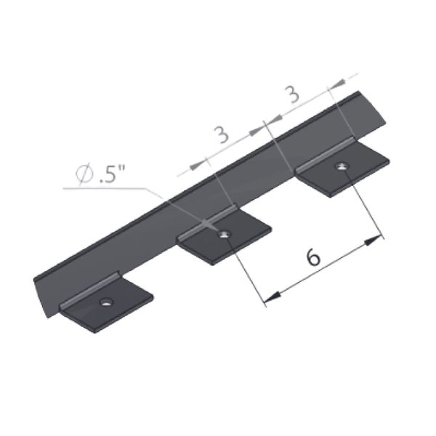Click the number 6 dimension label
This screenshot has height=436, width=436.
tap(313, 257)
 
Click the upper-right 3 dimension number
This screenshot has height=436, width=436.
tap(293, 94)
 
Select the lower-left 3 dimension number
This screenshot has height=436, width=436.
tap(222, 135)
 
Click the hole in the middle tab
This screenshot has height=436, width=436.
tap(225, 234)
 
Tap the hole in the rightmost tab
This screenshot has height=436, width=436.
tap(342, 166)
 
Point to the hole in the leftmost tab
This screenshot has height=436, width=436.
tap(107, 302)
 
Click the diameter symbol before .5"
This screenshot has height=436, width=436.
tap(84, 175)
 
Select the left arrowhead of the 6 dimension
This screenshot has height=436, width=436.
tap(272, 298)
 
